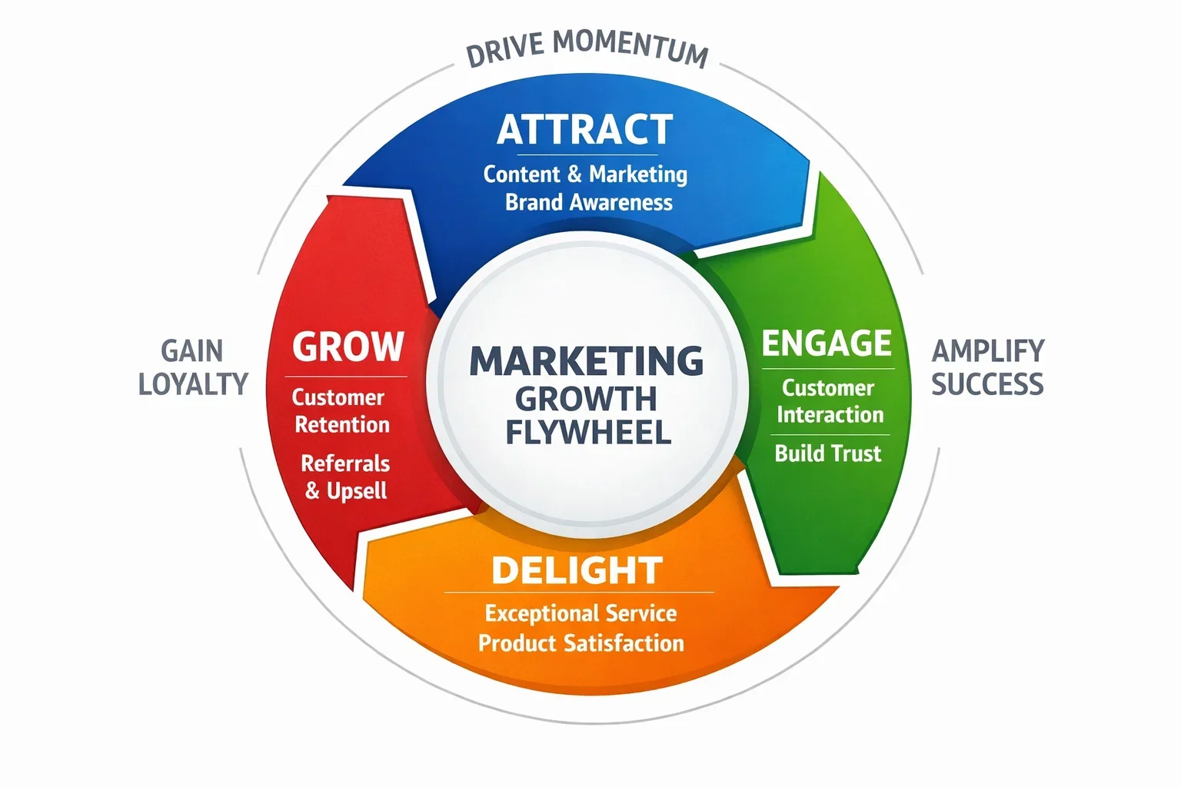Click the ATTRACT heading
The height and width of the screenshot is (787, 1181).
tap(585, 130)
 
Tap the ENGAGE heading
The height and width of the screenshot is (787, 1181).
tap(827, 344)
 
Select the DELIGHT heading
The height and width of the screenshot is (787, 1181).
tap(577, 570)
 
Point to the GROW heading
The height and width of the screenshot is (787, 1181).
tap(348, 347)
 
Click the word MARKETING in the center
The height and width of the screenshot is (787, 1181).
tap(586, 361)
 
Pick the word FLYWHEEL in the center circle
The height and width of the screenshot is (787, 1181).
tap(588, 432)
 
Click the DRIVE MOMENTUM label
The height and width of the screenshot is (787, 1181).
tap(587, 48)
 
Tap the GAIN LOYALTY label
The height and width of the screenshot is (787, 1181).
tap(193, 367)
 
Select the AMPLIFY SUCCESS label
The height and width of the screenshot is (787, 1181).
tap(988, 367)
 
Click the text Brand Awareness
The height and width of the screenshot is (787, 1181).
tap(588, 202)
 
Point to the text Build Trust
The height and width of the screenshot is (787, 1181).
tap(827, 453)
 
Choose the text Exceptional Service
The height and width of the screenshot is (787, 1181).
tap(581, 613)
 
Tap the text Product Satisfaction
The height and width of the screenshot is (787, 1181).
tap(581, 643)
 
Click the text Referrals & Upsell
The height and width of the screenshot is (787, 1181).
tap(345, 477)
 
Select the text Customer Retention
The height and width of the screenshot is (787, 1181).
tap(341, 411)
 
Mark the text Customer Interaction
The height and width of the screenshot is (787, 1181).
tap(829, 401)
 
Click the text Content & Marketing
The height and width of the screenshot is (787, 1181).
tap(585, 174)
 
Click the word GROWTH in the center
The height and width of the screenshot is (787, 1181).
tap(586, 399)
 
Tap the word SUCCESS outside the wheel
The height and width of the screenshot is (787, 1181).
tap(987, 384)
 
